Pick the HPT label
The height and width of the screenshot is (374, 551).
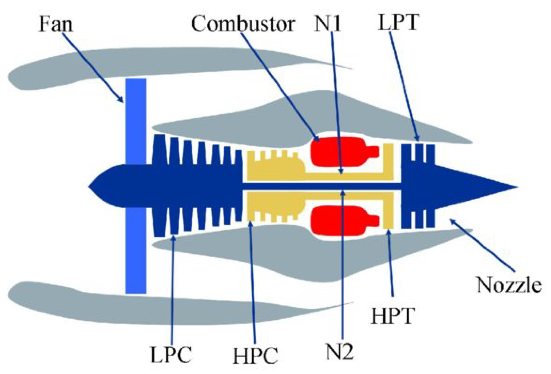[x=393, y=316]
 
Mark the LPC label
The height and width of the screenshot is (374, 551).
[x=171, y=355]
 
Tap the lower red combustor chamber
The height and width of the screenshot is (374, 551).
[x=341, y=220]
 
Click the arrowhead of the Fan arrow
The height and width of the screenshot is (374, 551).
[x=121, y=100]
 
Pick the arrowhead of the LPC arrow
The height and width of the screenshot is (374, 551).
[x=173, y=237]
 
